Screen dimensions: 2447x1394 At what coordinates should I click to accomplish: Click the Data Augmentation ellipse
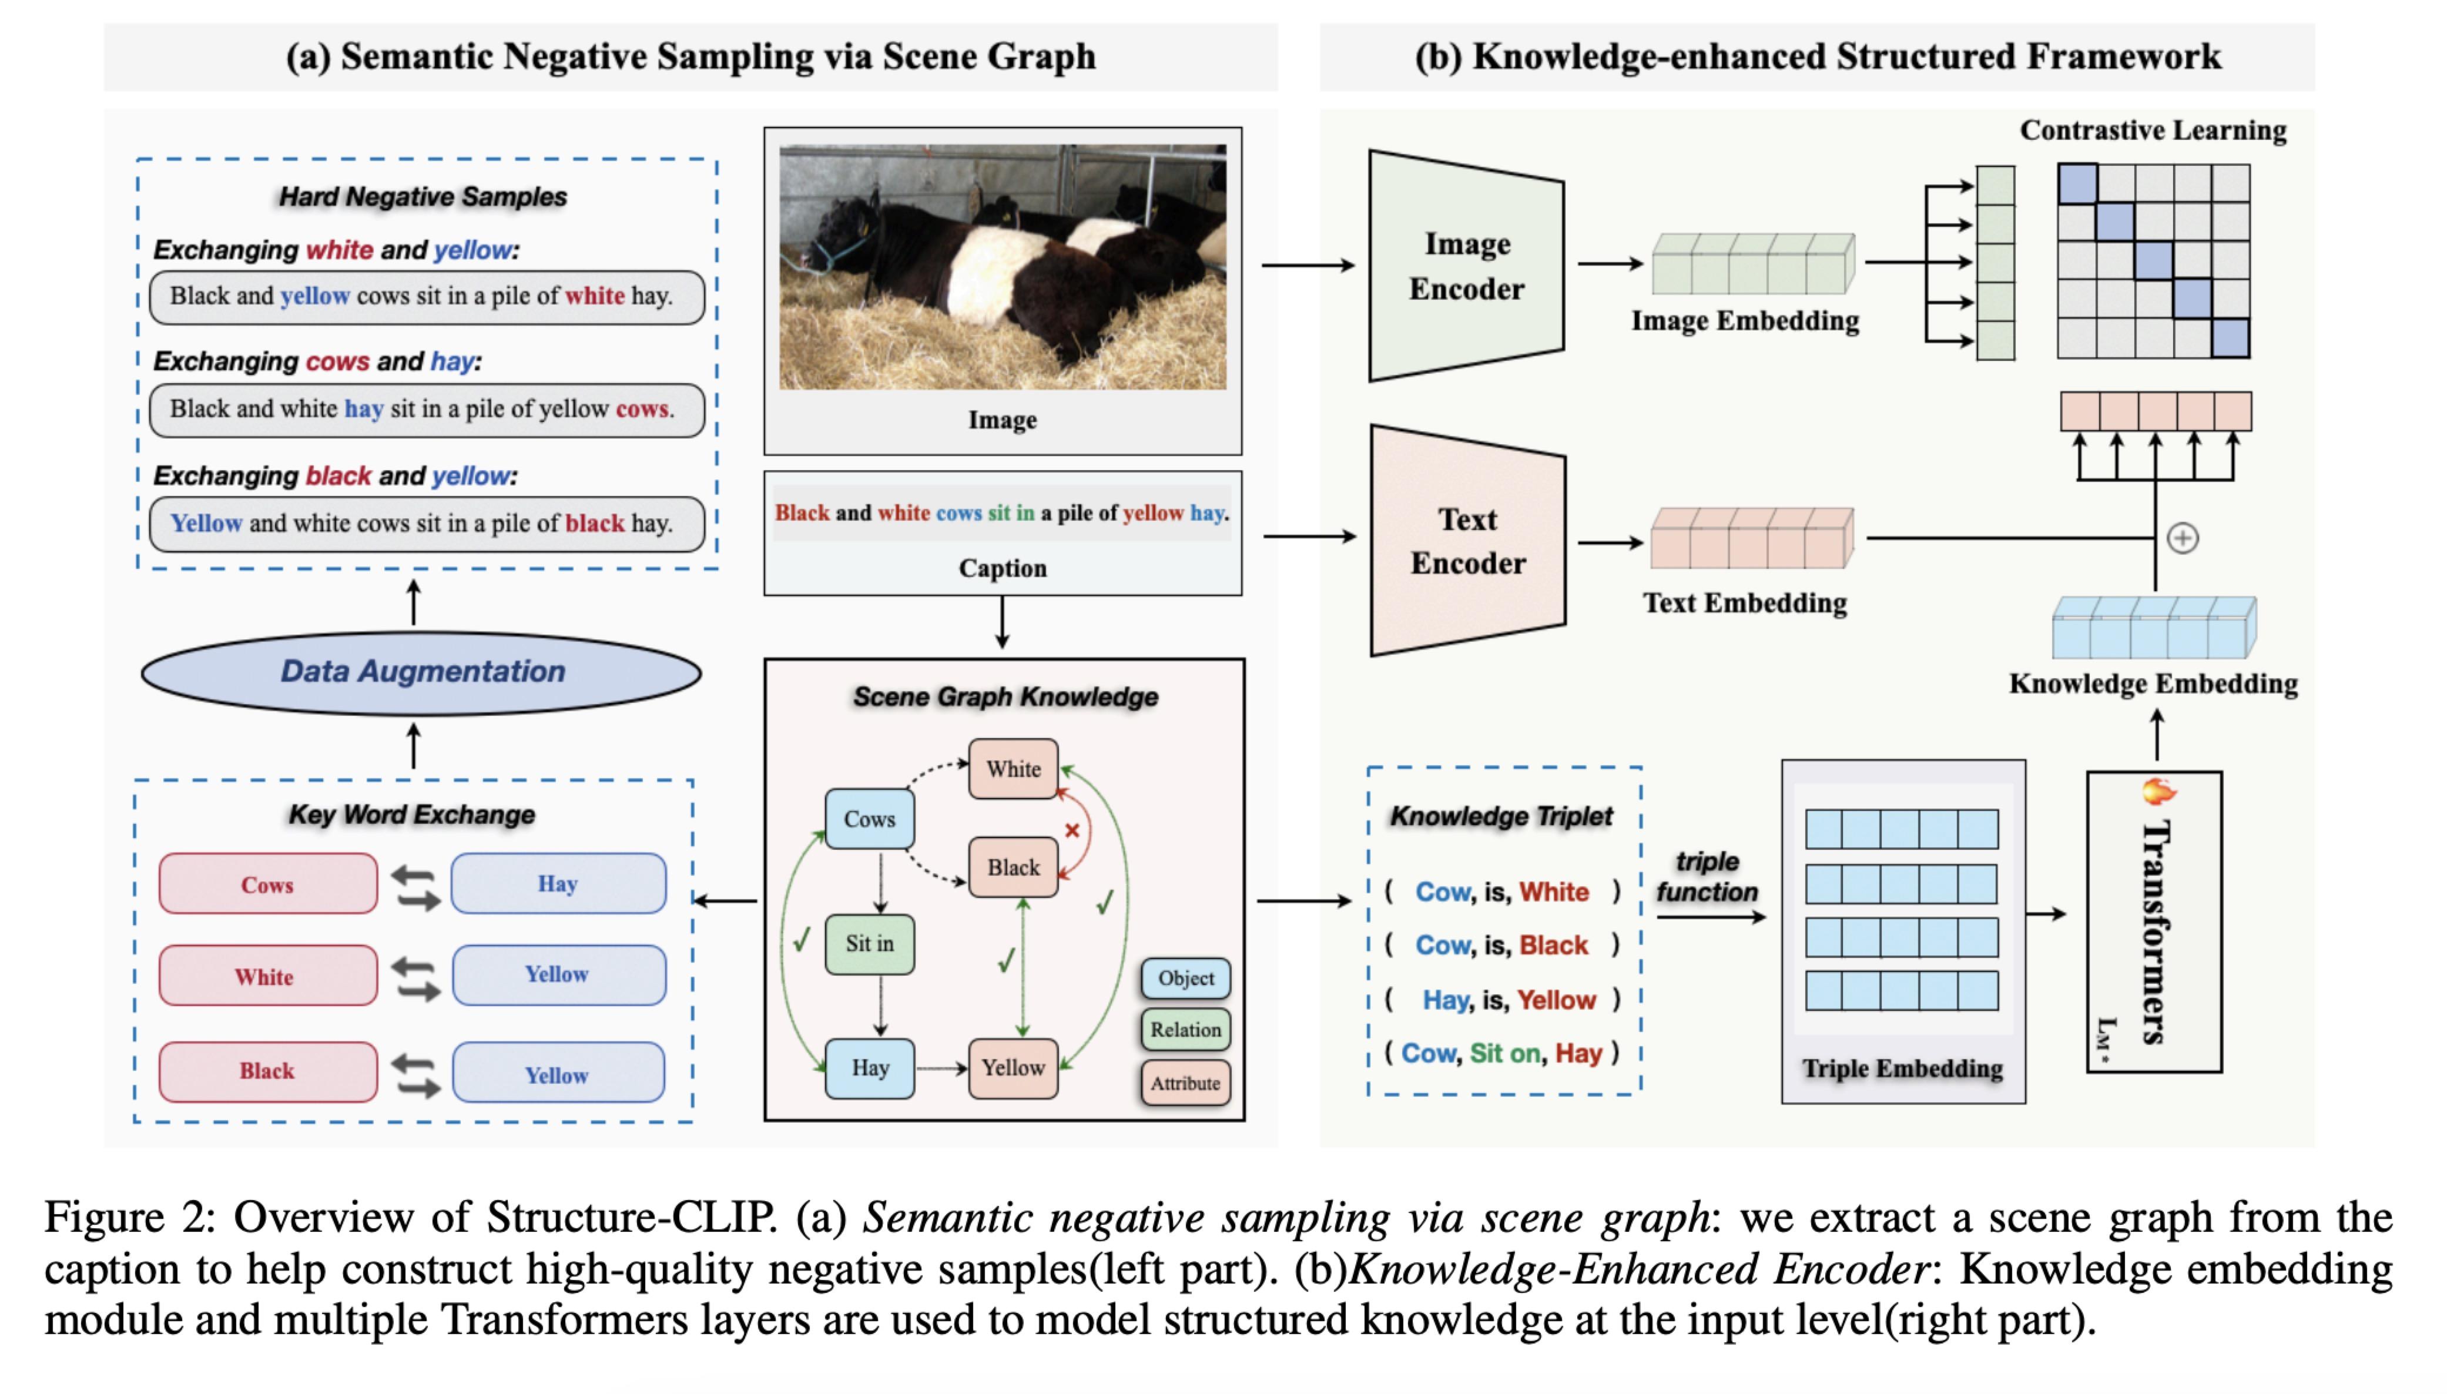pos(421,672)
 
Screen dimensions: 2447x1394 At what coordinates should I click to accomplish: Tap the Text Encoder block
pos(1467,541)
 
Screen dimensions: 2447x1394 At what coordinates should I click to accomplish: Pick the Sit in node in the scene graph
pos(869,944)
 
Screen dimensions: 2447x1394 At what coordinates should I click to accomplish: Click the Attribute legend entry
pos(1185,1083)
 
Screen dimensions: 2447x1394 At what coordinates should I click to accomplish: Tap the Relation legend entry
pos(1185,1030)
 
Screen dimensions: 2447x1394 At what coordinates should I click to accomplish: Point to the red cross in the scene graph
pos(1072,830)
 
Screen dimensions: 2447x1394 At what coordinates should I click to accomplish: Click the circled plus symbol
pos(2183,538)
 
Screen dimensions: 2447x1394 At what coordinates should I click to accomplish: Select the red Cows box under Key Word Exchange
pos(268,884)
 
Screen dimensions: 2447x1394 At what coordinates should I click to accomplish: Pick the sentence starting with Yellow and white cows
pos(421,523)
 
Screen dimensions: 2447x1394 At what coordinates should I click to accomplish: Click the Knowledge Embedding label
pos(2153,683)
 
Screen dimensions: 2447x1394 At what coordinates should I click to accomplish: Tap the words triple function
pos(1707,876)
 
